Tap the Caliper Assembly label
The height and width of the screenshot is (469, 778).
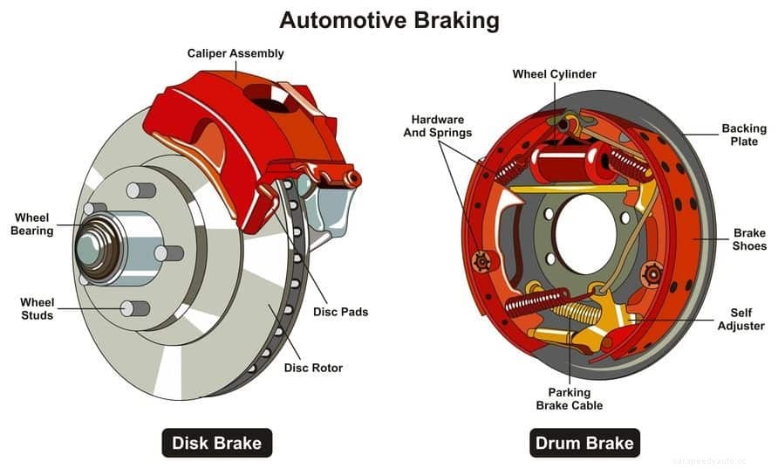tap(235, 54)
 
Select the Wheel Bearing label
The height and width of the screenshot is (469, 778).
tap(32, 224)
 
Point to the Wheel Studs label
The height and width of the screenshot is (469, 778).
tap(38, 309)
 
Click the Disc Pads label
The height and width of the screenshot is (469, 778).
tap(340, 312)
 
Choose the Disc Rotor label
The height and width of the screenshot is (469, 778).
tap(313, 368)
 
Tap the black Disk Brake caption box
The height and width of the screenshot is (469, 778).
tap(217, 443)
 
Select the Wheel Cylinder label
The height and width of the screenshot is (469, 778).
tap(555, 74)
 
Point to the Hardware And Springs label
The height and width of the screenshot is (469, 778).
tap(438, 126)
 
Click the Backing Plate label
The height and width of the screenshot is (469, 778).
tap(744, 135)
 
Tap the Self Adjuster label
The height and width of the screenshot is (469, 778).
tap(741, 320)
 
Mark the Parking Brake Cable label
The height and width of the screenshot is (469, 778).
tap(570, 398)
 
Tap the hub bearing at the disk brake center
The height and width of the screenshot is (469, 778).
tap(95, 248)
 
